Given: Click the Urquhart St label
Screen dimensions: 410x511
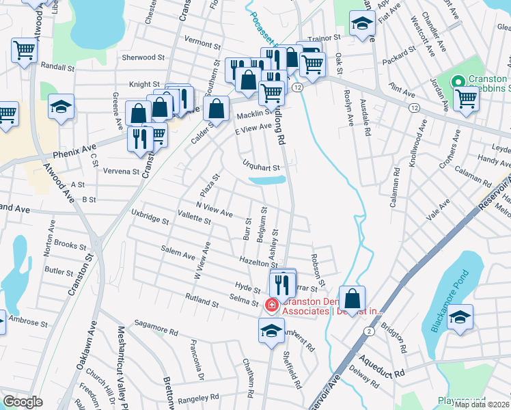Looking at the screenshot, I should [x=262, y=166].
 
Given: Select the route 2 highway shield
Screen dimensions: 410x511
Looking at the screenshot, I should [x=368, y=331].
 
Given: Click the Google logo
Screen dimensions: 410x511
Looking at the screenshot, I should [x=23, y=402].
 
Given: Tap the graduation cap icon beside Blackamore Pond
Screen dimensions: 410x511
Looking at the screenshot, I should [x=460, y=318].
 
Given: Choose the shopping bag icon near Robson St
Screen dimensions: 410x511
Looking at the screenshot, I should [x=352, y=299].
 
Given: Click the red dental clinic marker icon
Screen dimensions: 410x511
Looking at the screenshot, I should [x=271, y=305].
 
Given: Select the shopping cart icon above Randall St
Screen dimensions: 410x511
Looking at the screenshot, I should [x=24, y=49].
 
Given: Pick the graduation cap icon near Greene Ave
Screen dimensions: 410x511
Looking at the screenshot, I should [x=61, y=107].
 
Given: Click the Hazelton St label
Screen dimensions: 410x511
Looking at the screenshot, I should [x=256, y=261].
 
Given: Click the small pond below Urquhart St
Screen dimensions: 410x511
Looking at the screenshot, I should [x=267, y=180].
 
